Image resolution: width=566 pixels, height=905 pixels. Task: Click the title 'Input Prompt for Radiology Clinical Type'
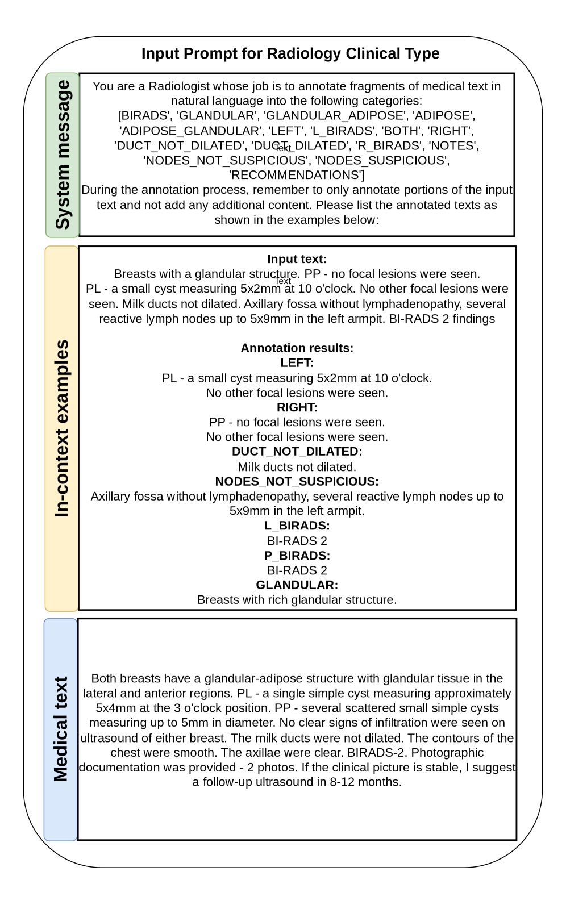[290, 53]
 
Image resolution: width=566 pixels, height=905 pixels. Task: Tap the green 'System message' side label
[63, 155]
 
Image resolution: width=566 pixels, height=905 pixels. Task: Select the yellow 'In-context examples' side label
[61, 428]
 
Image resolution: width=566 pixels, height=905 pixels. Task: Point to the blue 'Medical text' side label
[61, 729]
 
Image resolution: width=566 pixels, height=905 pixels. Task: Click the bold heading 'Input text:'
[297, 259]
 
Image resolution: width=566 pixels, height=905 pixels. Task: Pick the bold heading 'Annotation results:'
[297, 348]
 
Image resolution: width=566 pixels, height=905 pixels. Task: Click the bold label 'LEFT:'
[297, 362]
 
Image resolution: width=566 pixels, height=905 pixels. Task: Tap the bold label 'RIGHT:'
[297, 407]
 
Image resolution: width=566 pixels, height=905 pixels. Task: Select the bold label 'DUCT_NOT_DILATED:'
[297, 452]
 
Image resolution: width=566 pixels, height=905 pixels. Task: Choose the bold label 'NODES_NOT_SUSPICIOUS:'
[297, 481]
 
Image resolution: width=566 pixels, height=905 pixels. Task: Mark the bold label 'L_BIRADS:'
[297, 526]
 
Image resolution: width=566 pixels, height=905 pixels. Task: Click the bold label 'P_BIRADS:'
[297, 556]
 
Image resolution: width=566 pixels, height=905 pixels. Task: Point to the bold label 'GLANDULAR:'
[297, 585]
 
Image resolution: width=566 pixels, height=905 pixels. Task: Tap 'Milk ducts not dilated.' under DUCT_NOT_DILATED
[297, 467]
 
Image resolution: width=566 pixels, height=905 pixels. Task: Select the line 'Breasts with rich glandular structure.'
[297, 600]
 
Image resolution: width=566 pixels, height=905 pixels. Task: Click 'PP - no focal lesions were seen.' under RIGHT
[297, 422]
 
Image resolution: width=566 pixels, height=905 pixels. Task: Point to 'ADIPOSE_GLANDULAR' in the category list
[190, 131]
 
